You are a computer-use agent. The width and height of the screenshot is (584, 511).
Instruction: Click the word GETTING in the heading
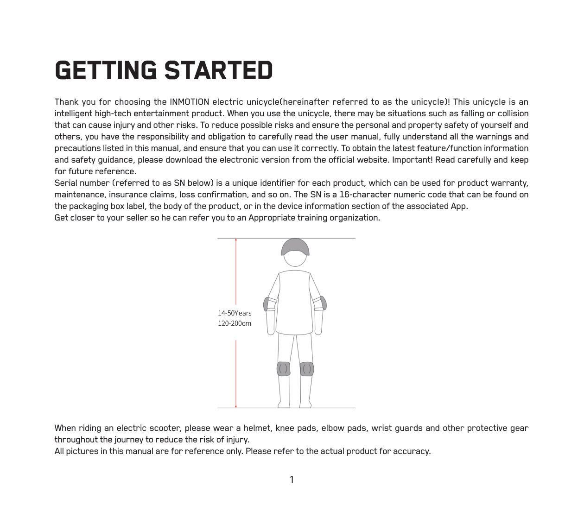tap(106, 70)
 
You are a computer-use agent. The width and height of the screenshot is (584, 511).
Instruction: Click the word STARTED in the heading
tap(218, 70)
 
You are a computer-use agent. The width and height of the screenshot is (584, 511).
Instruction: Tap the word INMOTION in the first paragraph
tap(189, 102)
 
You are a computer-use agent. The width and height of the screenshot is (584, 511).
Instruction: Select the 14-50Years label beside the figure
tap(235, 313)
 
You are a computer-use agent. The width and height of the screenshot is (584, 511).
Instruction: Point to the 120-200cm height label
tap(235, 323)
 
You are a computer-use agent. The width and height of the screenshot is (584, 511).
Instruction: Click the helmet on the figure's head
tap(295, 247)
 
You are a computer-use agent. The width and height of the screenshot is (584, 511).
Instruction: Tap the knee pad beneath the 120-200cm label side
tap(283, 369)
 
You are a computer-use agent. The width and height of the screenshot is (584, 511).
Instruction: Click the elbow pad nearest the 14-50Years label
tap(267, 304)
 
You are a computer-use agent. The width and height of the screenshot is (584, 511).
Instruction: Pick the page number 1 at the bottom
tap(292, 480)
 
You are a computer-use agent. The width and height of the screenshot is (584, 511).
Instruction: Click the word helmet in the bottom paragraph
tap(257, 428)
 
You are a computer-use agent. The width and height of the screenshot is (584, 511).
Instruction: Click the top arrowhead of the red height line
tap(236, 240)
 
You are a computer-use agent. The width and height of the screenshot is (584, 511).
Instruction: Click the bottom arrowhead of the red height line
tap(236, 406)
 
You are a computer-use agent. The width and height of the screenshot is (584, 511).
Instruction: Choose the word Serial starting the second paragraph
tap(65, 183)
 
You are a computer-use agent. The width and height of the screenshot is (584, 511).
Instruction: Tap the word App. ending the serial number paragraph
tap(459, 206)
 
